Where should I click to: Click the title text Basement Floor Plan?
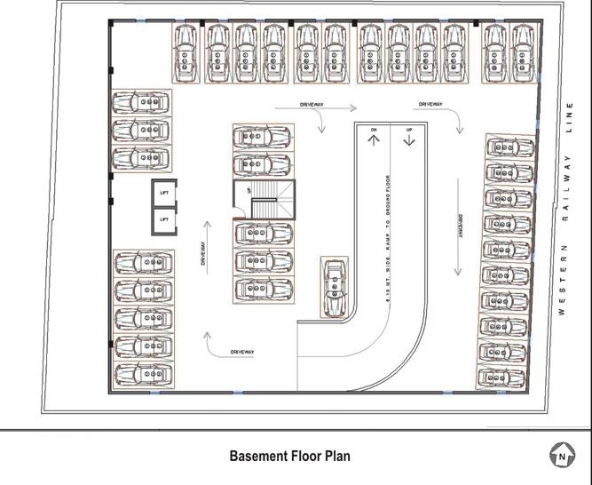tap(289, 457)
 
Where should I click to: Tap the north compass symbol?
tap(560, 457)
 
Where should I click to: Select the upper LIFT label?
tap(163, 193)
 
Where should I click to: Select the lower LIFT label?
tap(163, 218)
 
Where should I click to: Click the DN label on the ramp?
tap(375, 131)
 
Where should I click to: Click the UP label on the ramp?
tap(409, 131)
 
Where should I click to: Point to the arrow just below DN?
tap(375, 142)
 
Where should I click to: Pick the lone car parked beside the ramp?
tap(335, 286)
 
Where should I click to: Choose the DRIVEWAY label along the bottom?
tap(242, 353)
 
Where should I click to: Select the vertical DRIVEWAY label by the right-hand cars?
tap(461, 228)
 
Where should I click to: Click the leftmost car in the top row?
tap(185, 54)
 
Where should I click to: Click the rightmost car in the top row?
tap(523, 54)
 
